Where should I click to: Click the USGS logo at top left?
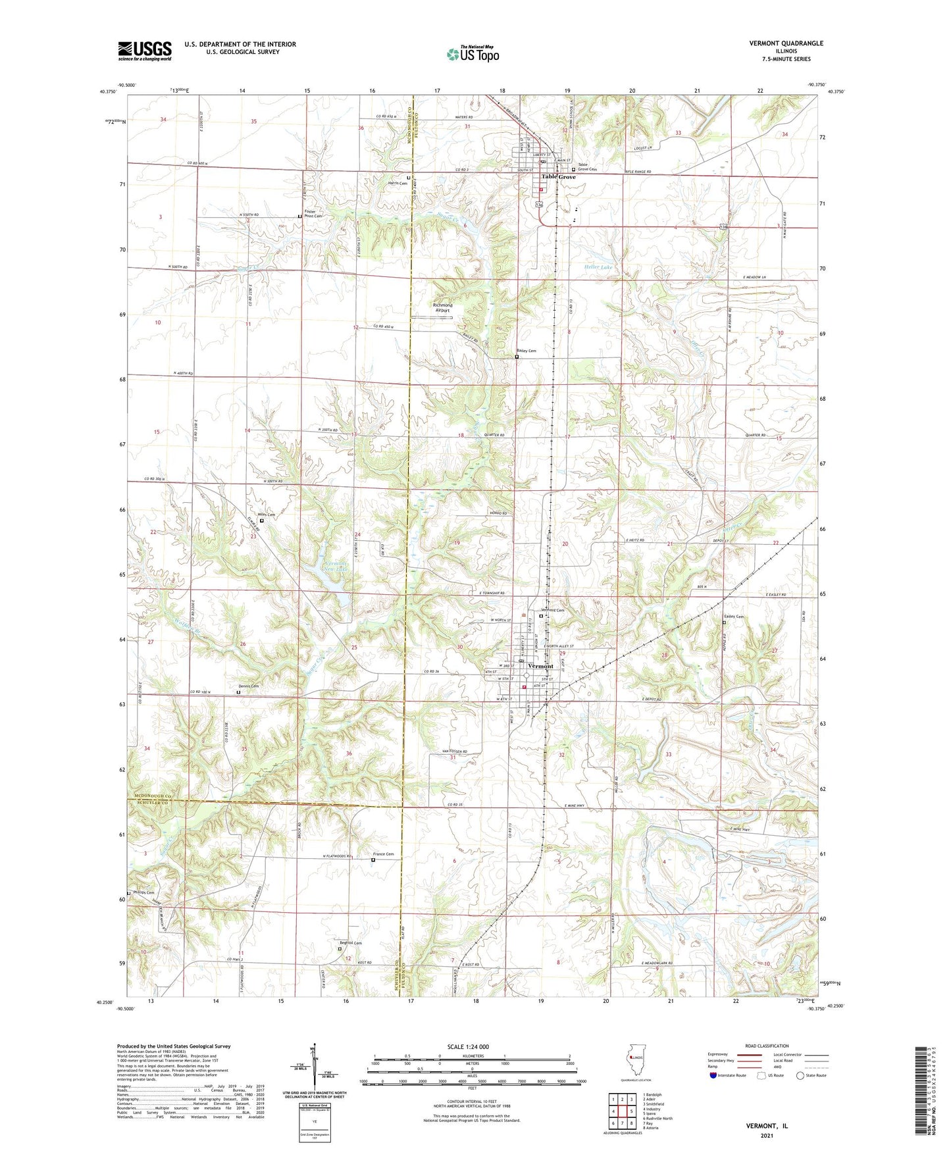click(145, 51)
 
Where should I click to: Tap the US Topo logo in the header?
click(472, 54)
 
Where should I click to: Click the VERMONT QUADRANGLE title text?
click(786, 43)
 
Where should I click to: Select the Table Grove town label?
click(558, 177)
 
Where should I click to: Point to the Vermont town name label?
click(540, 666)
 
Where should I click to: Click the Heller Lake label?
click(598, 267)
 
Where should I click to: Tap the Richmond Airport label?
click(442, 307)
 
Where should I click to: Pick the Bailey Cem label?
click(527, 351)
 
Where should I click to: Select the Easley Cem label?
click(734, 617)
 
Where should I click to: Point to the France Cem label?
click(383, 854)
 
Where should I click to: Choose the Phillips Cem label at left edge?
click(143, 892)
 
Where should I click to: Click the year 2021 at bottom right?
click(766, 1136)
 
